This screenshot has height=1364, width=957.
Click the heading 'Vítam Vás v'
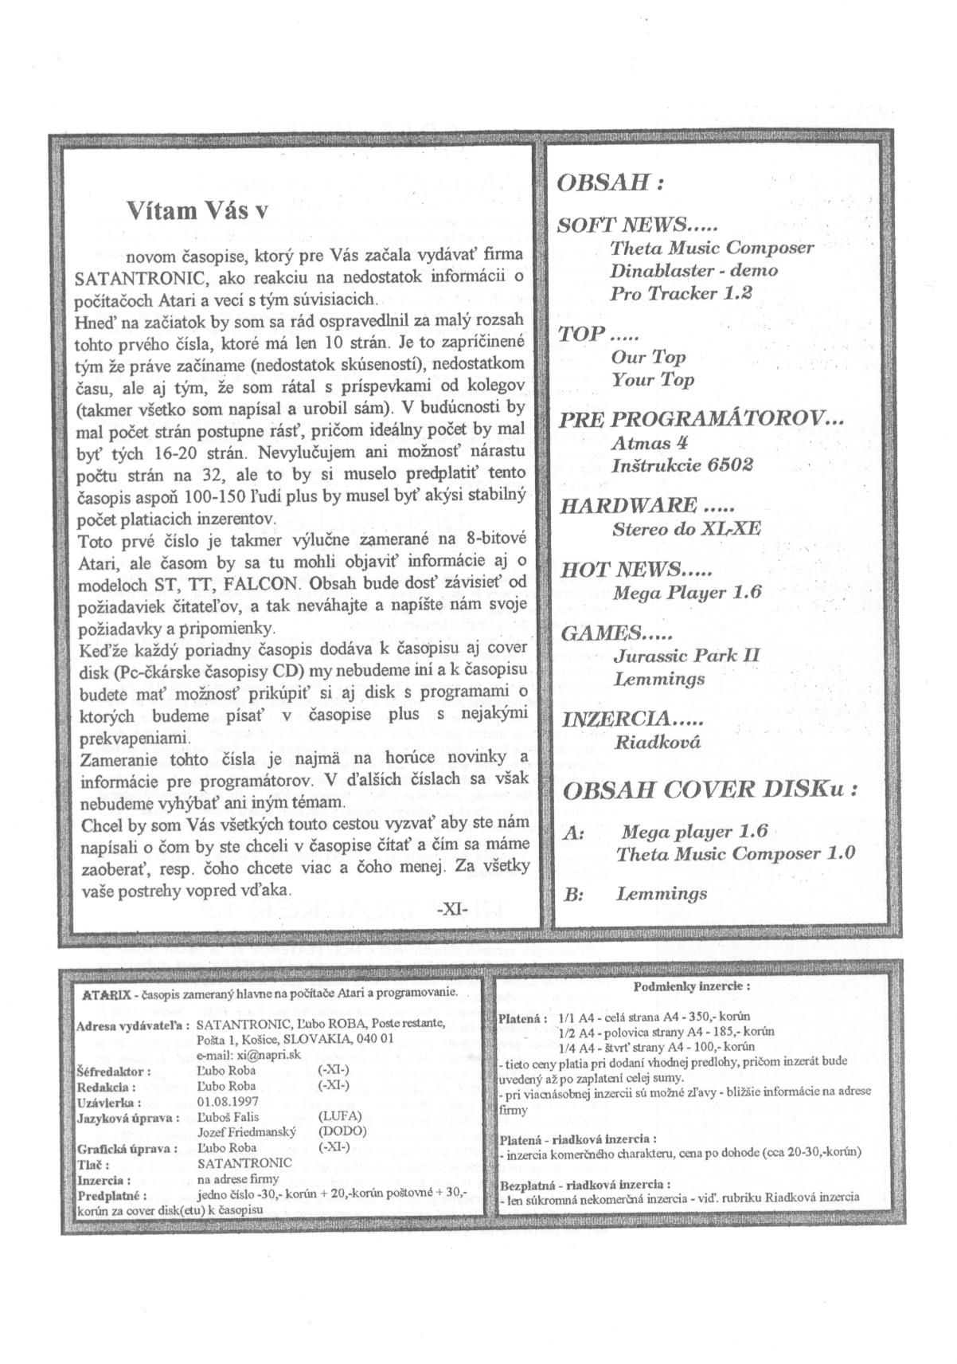coord(197,210)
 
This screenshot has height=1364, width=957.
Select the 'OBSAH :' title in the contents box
coord(610,182)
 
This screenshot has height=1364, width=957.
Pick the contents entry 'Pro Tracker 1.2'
coord(681,293)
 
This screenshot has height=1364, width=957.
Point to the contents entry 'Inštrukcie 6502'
coord(682,464)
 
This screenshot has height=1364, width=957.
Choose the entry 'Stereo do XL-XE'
coord(686,528)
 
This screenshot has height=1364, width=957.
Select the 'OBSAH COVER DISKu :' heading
coord(711,790)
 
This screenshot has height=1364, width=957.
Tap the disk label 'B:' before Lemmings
coord(574,896)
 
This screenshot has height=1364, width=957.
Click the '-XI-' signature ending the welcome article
coord(451,907)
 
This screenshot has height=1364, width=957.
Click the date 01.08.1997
coord(226,1102)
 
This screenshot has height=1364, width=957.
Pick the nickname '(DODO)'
coord(342,1131)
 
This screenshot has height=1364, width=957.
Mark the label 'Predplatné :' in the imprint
coord(108,1195)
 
